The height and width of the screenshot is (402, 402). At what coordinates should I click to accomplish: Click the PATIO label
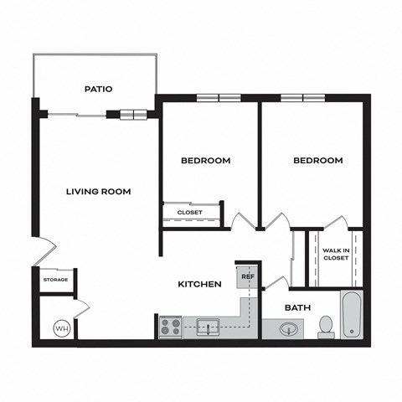(99, 89)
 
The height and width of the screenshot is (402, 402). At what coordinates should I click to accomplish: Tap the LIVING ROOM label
(98, 192)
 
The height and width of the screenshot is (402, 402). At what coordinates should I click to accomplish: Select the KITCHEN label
(199, 285)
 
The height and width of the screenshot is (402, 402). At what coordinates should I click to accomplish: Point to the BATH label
(297, 308)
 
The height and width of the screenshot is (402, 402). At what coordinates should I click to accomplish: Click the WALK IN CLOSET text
(336, 255)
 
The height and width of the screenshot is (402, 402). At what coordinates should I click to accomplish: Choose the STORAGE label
(54, 280)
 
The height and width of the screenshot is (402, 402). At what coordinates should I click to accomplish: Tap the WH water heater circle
(61, 328)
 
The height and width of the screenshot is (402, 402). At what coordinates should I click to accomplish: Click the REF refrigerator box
(248, 276)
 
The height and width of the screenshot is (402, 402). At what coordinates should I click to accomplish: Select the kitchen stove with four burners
(170, 327)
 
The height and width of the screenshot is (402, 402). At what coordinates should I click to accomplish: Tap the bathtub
(352, 315)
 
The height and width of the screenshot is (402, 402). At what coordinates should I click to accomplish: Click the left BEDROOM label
(206, 161)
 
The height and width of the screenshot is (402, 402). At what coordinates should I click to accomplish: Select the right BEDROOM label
(318, 161)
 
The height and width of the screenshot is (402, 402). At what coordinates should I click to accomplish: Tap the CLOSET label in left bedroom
(190, 213)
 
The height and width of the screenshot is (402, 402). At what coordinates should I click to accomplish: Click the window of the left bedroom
(219, 98)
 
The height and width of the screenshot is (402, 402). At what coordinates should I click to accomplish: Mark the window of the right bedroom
(302, 98)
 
